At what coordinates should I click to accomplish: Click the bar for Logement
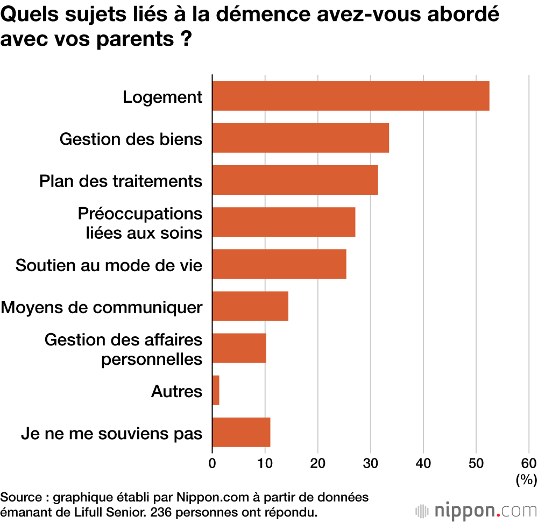click(351, 96)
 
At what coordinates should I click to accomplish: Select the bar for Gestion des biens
click(301, 138)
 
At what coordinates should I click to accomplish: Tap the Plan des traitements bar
click(295, 180)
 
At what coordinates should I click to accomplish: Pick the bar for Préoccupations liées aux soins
click(284, 222)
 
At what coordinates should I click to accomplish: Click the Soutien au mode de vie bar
click(279, 264)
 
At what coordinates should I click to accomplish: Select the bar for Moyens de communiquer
click(250, 306)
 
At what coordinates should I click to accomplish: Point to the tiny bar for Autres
click(216, 390)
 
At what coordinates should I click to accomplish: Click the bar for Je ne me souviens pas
click(241, 432)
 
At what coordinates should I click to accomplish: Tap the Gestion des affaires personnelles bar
click(239, 348)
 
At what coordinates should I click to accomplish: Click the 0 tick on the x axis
click(213, 463)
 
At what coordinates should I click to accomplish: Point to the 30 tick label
click(370, 463)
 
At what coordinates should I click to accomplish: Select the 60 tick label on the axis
click(528, 463)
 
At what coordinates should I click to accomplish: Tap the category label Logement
click(162, 97)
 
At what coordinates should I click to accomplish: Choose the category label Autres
click(177, 391)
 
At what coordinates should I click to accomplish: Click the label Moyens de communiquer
click(102, 307)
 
